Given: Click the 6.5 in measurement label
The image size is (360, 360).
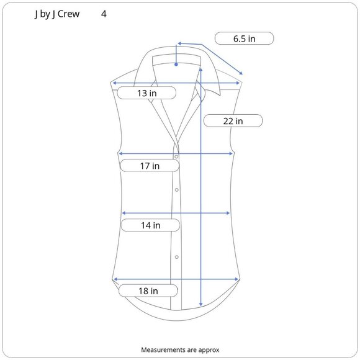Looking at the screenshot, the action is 245,38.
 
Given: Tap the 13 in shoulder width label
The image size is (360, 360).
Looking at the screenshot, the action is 147,93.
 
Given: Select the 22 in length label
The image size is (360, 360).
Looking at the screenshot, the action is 233,121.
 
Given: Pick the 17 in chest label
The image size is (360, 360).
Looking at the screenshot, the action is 150,166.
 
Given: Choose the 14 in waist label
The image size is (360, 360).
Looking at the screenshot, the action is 151,225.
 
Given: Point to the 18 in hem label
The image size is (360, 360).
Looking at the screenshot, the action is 148,291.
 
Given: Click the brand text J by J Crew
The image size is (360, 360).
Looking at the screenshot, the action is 57,14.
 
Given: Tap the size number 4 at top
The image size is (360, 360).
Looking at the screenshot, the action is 104,14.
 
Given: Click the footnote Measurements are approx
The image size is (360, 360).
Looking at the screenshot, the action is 180,350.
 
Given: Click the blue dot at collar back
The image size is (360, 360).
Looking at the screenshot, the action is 176,65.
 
